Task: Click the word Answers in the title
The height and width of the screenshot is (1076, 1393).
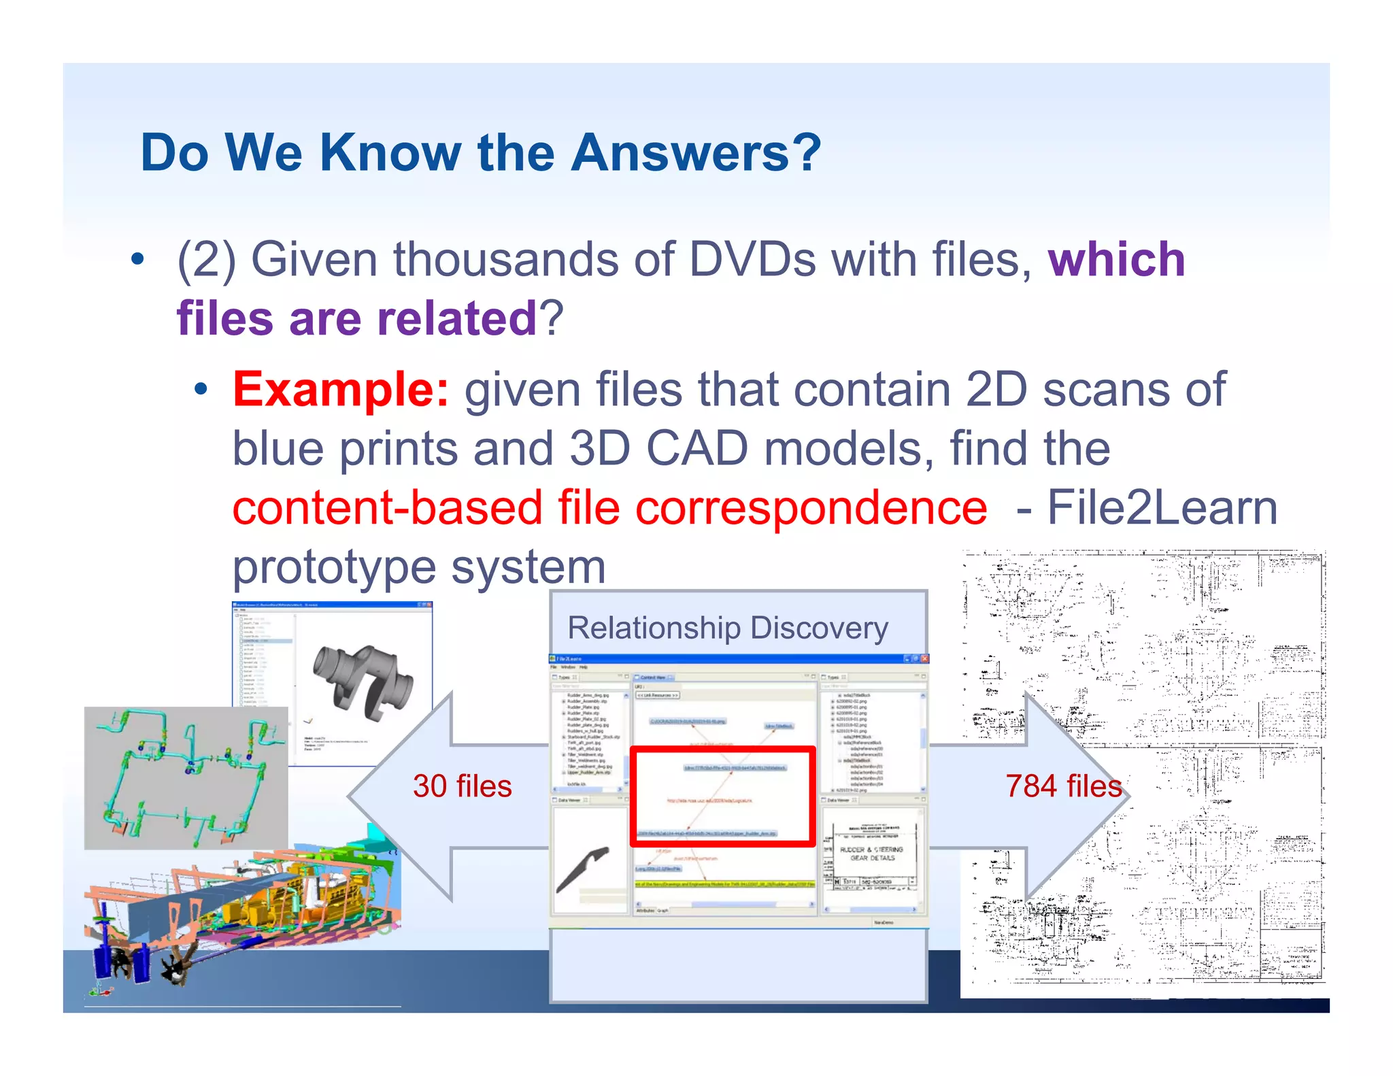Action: pos(696,153)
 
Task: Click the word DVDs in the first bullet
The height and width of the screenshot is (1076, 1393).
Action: pos(752,260)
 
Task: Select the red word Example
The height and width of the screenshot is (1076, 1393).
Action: pos(340,390)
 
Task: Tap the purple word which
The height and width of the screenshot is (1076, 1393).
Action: pos(1116,260)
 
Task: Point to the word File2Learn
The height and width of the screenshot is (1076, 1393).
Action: pos(1162,508)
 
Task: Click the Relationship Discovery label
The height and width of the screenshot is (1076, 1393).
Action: pos(728,628)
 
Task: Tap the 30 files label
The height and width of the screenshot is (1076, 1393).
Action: pos(462,786)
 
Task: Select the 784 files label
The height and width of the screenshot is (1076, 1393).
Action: pos(1063,786)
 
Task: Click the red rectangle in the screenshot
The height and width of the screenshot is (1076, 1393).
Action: pos(722,796)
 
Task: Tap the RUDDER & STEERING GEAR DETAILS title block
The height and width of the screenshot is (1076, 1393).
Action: pos(871,854)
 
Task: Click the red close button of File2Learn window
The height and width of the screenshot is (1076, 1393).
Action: pos(924,658)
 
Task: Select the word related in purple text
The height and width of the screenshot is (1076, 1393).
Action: pos(457,318)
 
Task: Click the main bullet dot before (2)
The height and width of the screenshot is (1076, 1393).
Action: pos(138,259)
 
